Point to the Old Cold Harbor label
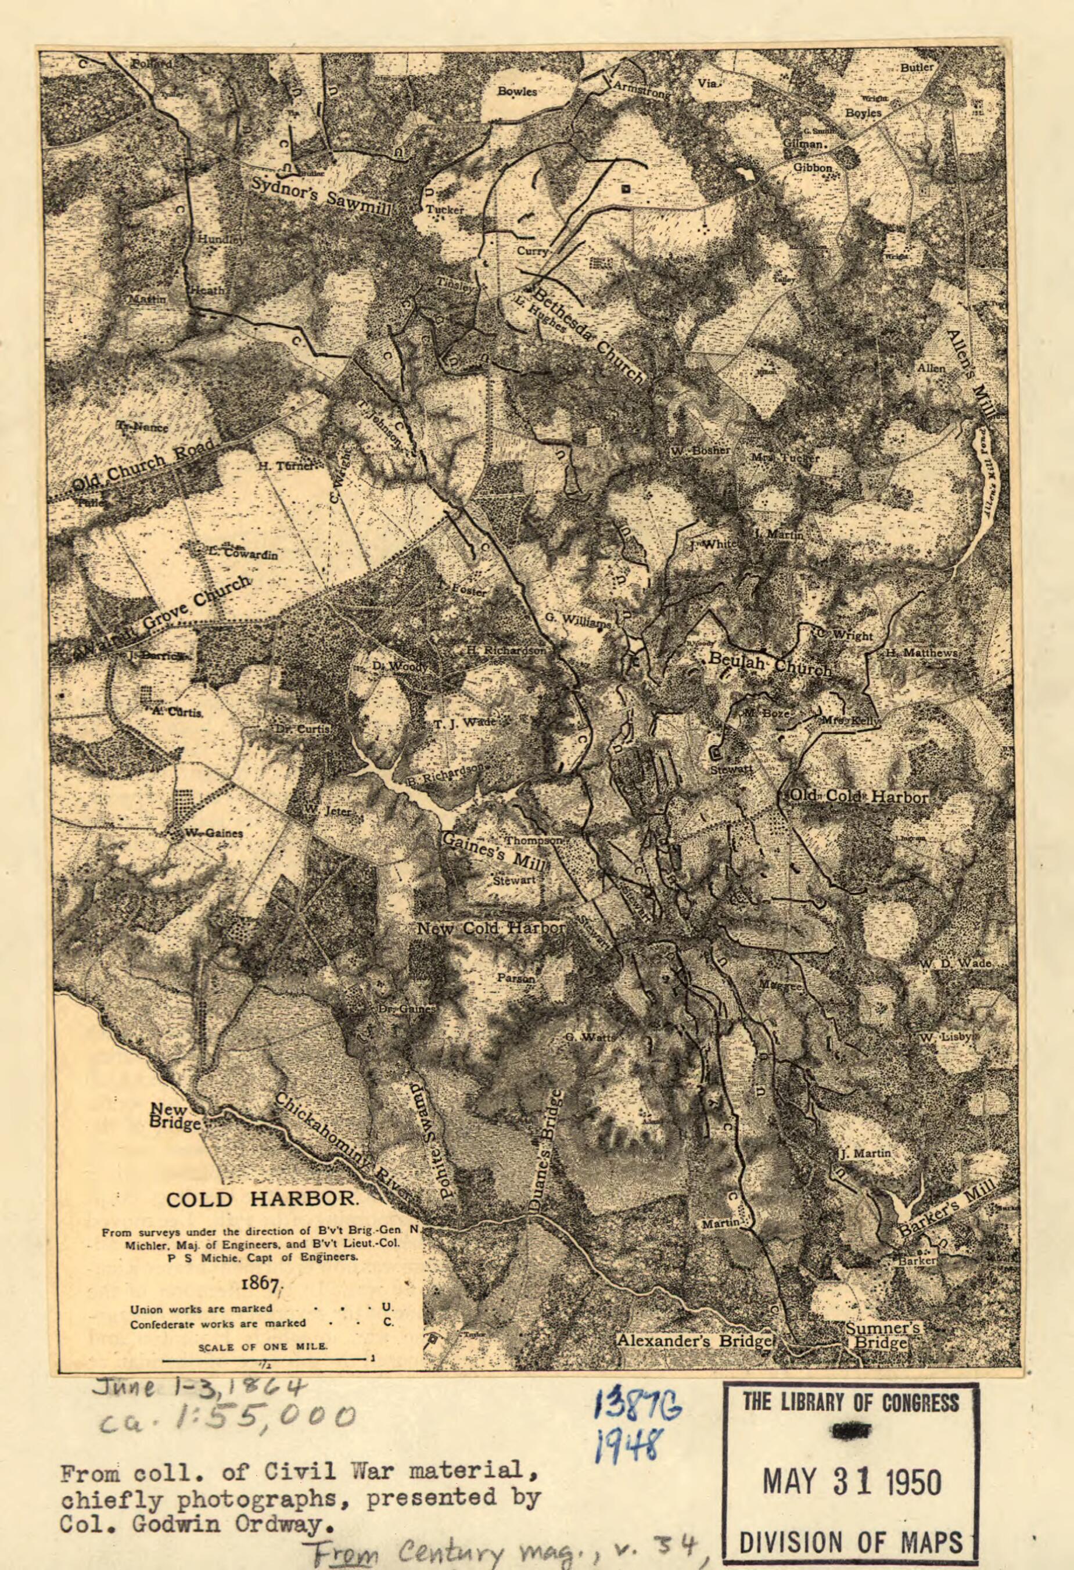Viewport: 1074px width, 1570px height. click(x=859, y=796)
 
